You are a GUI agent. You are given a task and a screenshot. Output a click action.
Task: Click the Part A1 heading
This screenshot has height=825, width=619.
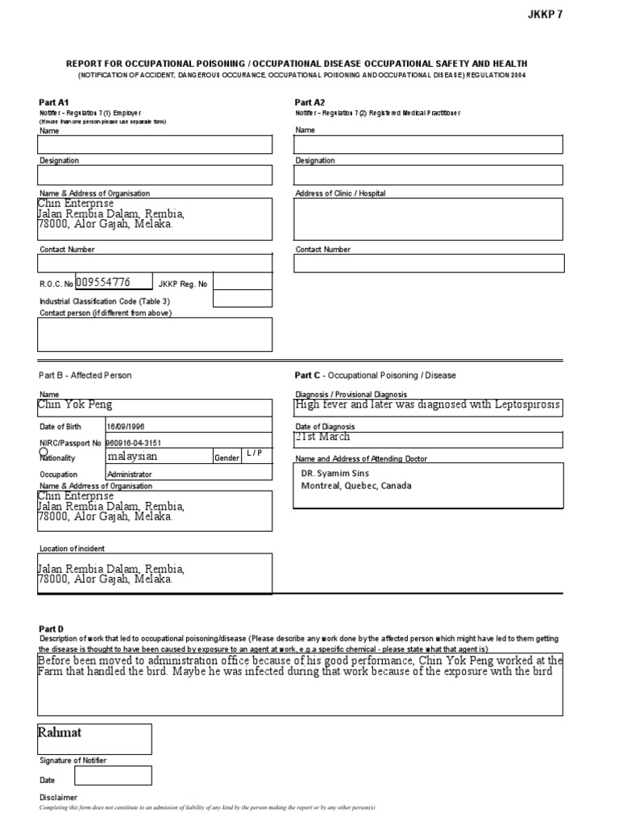pos(55,102)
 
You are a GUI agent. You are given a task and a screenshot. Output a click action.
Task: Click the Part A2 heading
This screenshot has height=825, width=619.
pos(309,102)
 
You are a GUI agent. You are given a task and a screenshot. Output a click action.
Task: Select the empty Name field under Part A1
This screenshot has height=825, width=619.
pos(155,145)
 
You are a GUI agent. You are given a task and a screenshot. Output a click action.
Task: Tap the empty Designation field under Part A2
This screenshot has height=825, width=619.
pos(428,175)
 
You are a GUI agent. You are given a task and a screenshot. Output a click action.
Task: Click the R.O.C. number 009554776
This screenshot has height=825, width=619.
pos(102,283)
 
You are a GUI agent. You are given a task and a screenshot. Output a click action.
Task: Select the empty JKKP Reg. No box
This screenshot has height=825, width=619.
pos(243,282)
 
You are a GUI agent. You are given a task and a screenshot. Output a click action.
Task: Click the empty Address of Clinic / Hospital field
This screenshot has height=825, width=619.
pos(428,220)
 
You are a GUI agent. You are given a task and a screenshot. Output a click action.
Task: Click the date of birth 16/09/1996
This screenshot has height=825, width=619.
pos(126,426)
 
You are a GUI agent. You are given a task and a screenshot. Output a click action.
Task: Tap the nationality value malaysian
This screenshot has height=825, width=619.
pos(132,457)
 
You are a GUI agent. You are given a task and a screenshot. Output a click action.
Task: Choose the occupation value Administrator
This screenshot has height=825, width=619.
pos(129,475)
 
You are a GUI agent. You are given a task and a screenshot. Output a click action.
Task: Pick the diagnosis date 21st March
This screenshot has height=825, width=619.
pos(323,437)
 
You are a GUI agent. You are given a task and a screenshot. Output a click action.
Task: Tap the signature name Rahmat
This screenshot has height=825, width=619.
pos(60,732)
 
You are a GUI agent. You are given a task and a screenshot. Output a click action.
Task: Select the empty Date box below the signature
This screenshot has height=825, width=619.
pos(113,776)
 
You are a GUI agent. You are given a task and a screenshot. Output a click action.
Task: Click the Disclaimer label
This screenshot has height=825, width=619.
pos(59,798)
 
